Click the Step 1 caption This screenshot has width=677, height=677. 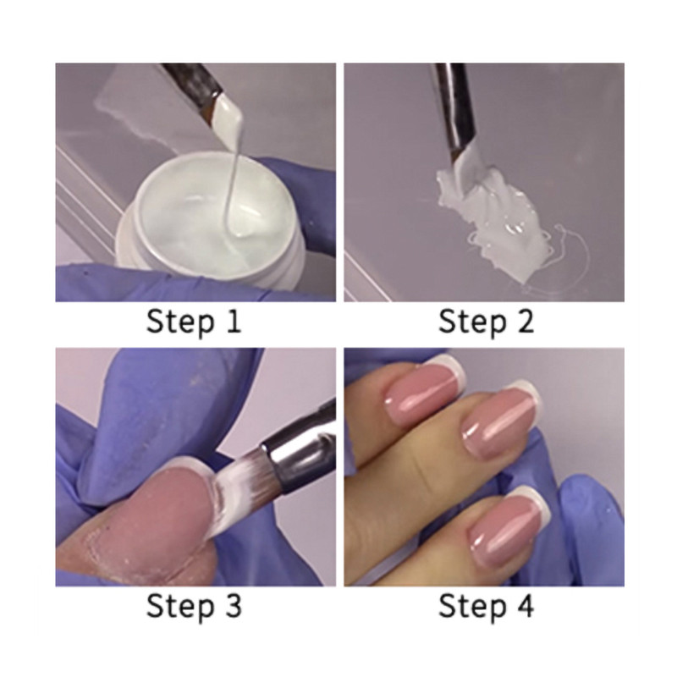point(194,322)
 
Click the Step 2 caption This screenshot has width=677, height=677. point(485,322)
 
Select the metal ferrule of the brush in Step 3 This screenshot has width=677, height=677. point(292,440)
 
